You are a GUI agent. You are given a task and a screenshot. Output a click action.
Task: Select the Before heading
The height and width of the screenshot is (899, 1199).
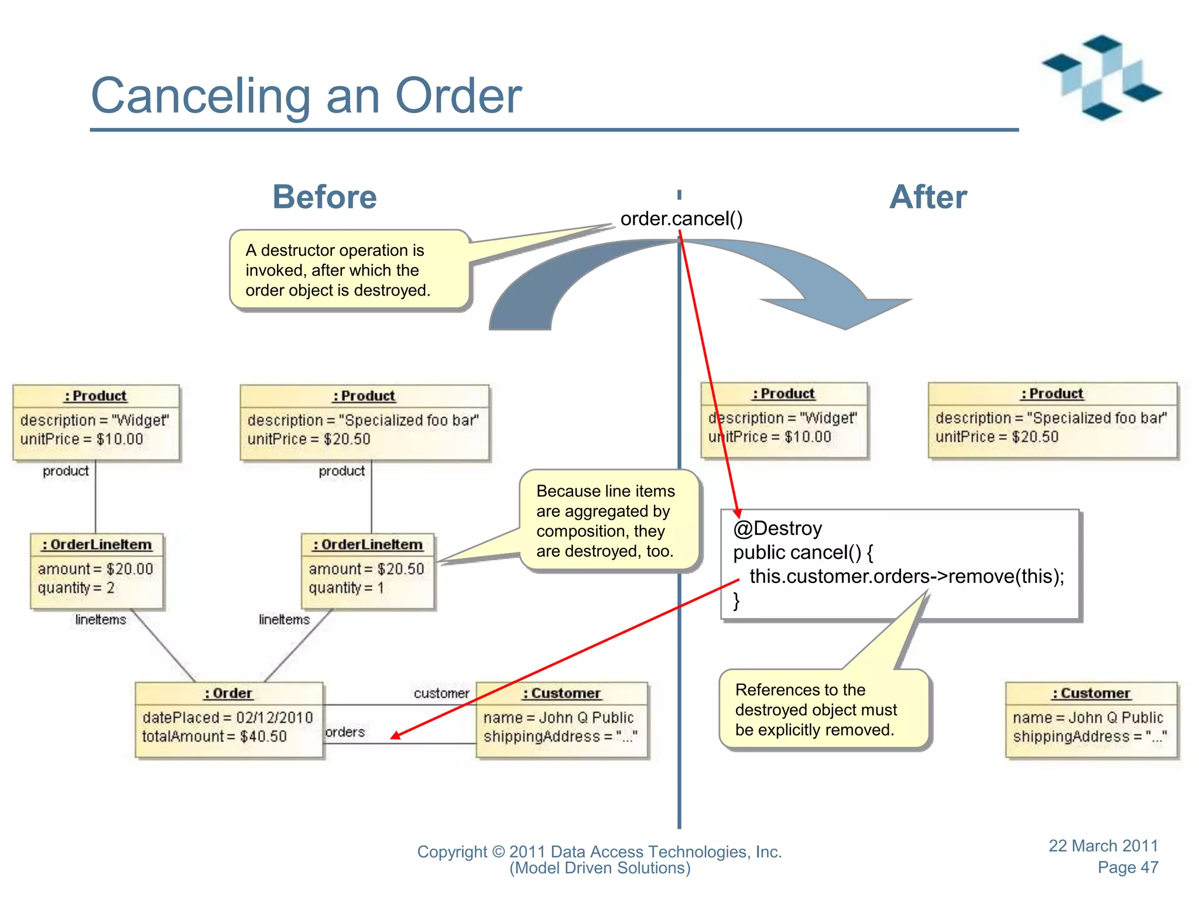point(324,197)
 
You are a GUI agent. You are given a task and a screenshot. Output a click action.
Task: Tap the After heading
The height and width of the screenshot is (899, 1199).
point(928,197)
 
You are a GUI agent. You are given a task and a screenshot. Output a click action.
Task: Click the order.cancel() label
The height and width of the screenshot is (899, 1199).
point(681,219)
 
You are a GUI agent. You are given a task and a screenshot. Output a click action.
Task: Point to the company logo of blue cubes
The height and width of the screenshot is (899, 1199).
point(1101,78)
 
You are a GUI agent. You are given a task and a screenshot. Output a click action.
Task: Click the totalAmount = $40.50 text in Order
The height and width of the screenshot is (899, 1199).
point(214,736)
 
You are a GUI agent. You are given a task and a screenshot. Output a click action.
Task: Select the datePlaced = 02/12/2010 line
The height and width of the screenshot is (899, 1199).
point(228,718)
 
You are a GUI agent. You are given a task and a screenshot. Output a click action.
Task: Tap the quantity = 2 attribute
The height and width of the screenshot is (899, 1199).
point(76,588)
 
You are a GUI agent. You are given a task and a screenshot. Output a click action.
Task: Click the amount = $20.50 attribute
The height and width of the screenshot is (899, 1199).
point(366,569)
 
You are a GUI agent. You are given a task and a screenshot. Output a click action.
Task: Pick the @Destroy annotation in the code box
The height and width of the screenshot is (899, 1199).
point(777,529)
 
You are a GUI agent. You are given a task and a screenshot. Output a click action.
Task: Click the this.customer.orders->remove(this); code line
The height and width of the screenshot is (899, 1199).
point(906,577)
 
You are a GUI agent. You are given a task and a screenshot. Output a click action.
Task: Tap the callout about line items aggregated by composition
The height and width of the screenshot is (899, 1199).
point(606,521)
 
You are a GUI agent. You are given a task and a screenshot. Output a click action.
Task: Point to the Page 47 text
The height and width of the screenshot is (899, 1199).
point(1128,867)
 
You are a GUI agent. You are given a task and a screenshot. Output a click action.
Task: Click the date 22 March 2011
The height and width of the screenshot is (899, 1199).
point(1103,846)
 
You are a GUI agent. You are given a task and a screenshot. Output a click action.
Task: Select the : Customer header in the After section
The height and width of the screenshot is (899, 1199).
point(1091,693)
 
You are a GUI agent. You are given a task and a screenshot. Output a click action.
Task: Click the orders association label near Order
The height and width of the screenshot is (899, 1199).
point(345,732)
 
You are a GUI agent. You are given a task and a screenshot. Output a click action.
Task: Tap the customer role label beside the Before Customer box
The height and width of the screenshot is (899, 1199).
point(441,694)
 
